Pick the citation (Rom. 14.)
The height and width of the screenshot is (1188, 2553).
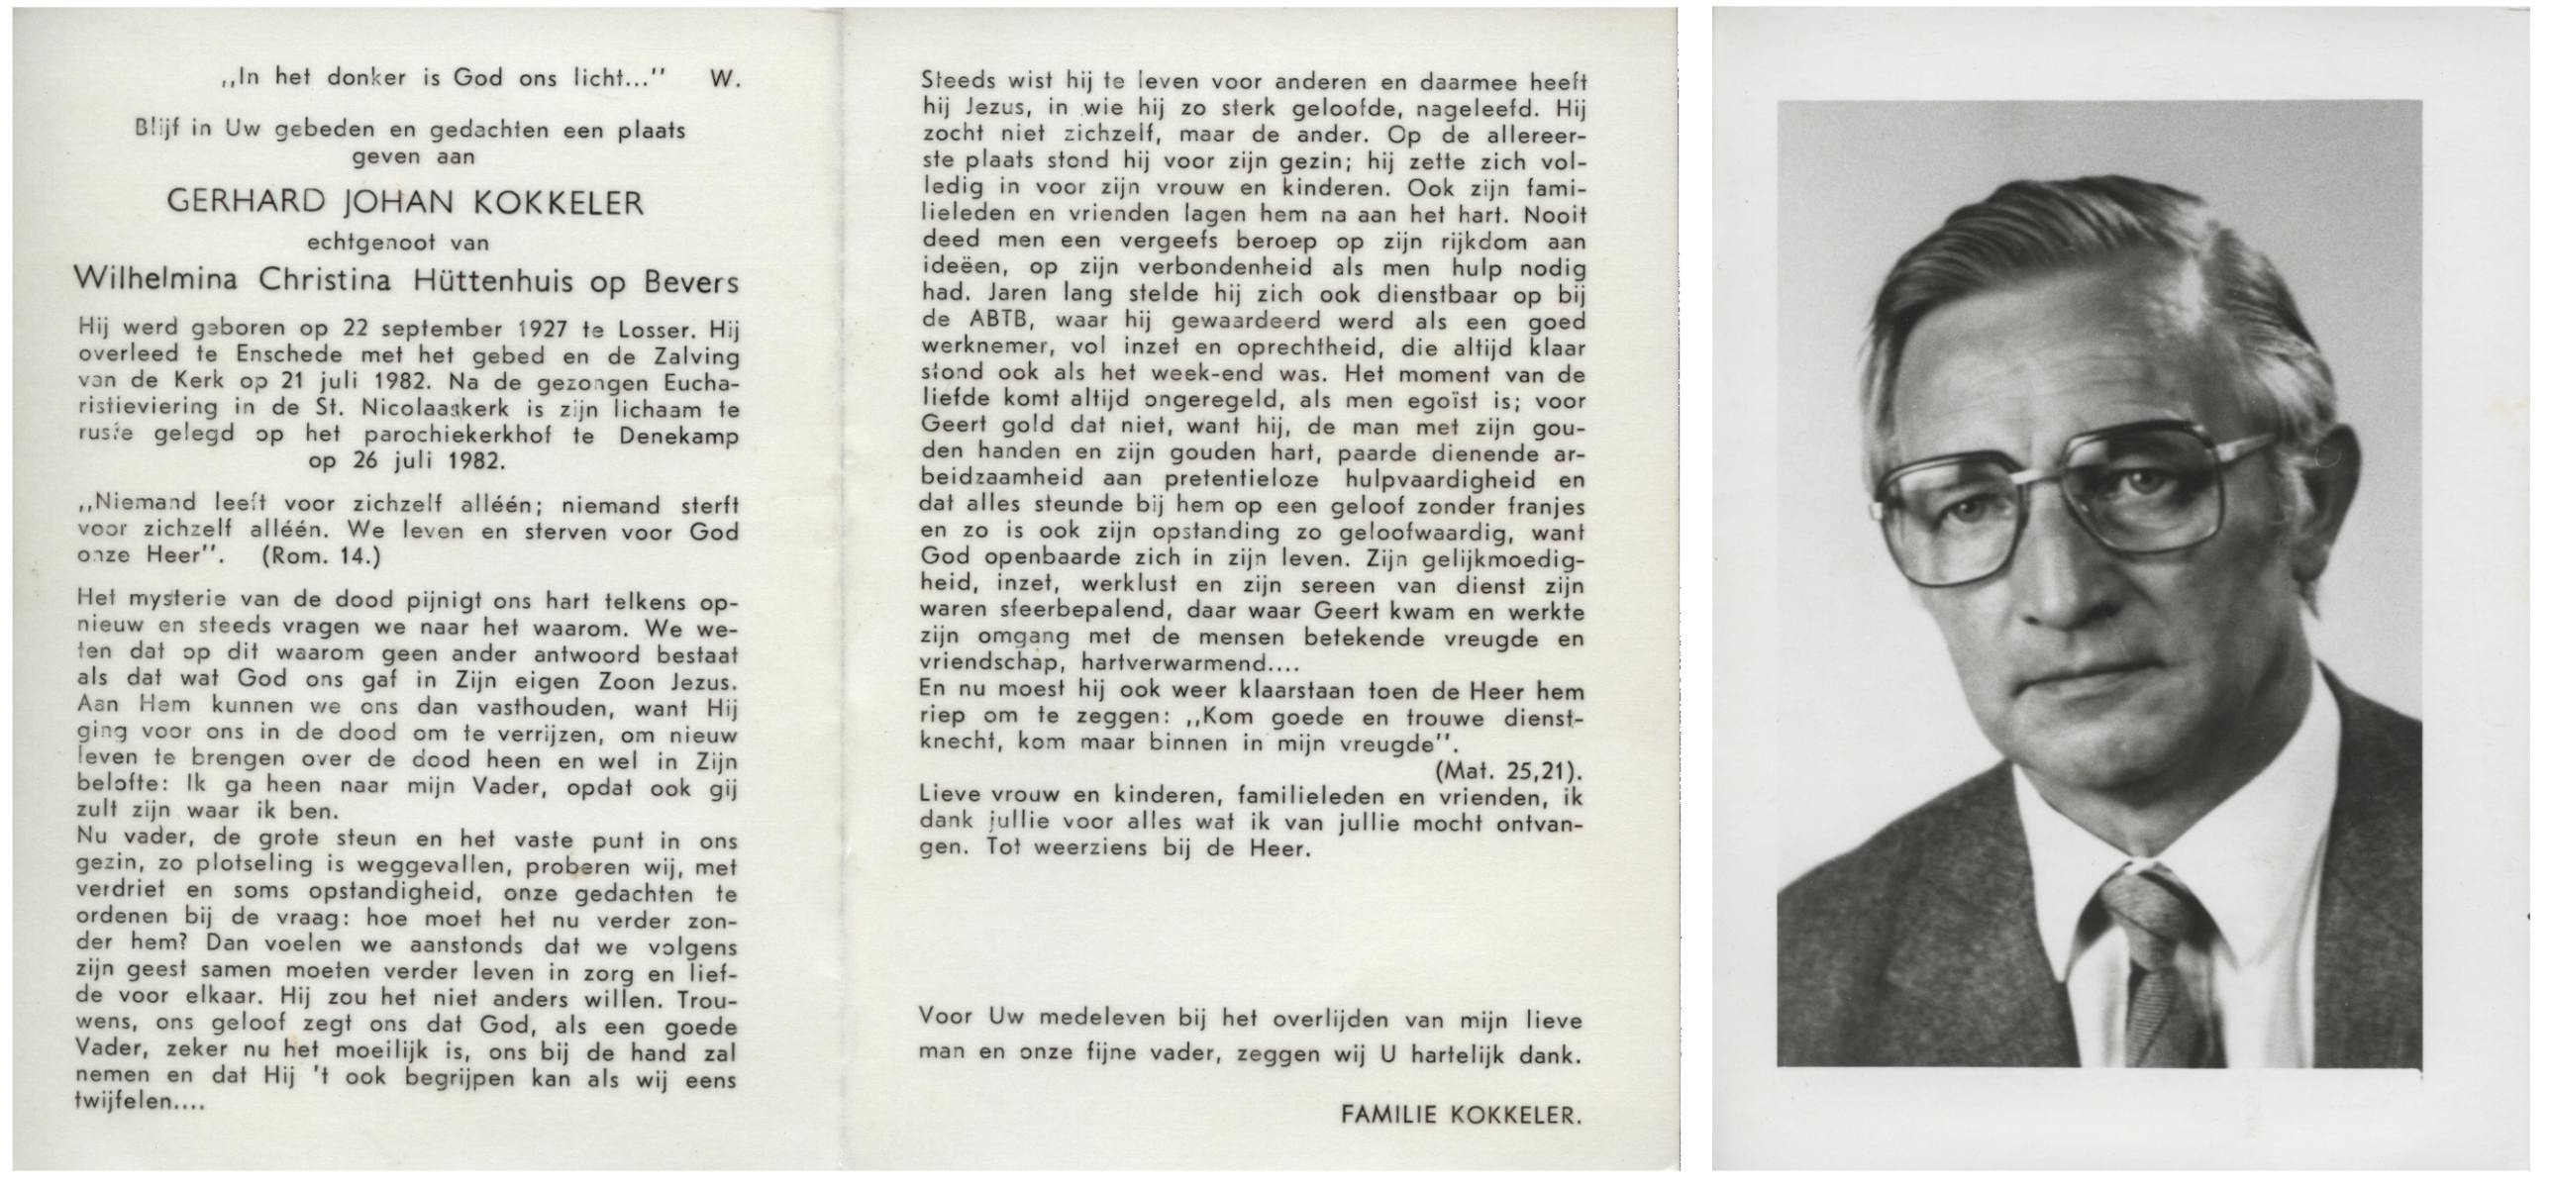click(320, 556)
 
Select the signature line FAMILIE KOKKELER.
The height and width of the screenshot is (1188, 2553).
click(1461, 1115)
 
